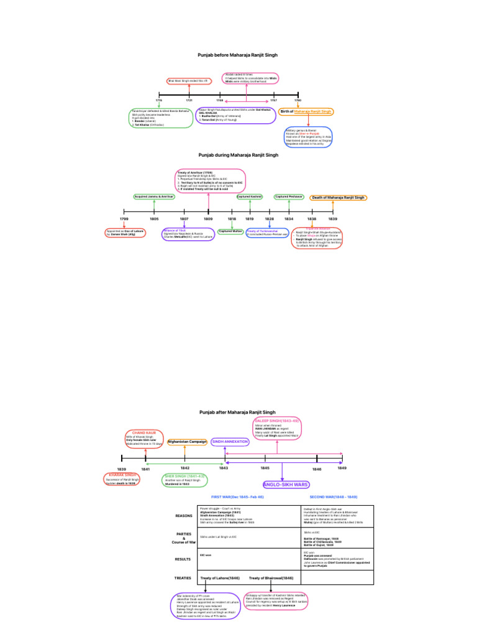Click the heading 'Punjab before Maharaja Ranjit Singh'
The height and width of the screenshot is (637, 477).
tap(238, 55)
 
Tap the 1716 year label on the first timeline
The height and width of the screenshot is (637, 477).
tap(159, 100)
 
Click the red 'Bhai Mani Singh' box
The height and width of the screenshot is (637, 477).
tap(189, 81)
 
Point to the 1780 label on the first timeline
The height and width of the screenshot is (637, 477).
tap(298, 100)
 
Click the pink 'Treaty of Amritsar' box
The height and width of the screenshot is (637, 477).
tap(211, 180)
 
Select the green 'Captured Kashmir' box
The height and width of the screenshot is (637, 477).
tap(250, 197)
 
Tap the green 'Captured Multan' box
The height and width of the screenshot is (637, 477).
tap(230, 231)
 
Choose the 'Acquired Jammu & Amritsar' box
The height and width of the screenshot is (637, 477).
tap(153, 197)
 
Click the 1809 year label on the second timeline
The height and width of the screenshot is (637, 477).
tap(208, 220)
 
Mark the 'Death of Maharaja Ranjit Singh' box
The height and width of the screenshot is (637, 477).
tap(338, 197)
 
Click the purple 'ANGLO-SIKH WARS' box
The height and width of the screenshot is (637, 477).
tap(286, 484)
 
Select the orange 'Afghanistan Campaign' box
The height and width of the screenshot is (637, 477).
tap(187, 442)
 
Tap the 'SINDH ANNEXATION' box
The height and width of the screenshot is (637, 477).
tap(230, 442)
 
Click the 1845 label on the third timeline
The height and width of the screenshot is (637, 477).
tap(265, 467)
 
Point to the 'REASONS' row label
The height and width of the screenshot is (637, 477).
tap(184, 516)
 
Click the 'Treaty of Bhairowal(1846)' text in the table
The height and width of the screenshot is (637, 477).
tap(271, 578)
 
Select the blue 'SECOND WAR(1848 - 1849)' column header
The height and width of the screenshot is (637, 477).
tap(334, 498)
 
